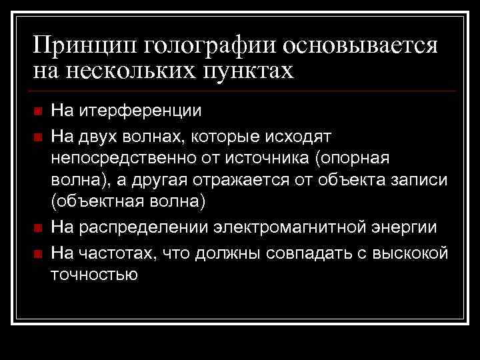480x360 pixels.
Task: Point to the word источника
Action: pyautogui.click(x=278, y=159)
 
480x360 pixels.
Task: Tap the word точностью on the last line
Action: pyautogui.click(x=94, y=275)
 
